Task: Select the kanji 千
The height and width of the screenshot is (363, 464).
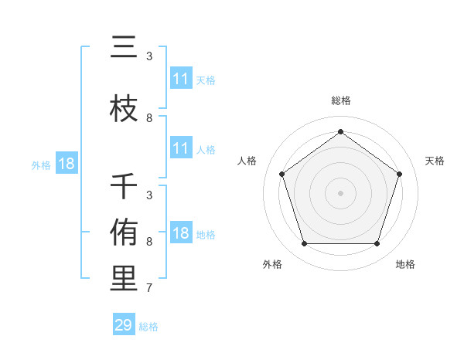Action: tap(124, 187)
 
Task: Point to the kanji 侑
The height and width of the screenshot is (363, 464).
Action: tap(124, 232)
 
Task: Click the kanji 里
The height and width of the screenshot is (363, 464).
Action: tap(124, 279)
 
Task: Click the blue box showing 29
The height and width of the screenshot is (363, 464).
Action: tap(124, 325)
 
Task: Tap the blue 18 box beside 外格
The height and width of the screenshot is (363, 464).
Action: tap(66, 165)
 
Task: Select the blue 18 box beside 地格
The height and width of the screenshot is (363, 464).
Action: tap(180, 234)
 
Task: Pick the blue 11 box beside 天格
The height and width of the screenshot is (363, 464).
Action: tap(180, 79)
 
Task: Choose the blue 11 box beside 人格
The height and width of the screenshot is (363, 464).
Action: tap(180, 149)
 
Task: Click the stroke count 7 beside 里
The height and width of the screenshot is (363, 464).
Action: tap(149, 288)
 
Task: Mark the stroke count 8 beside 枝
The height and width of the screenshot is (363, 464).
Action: tap(149, 118)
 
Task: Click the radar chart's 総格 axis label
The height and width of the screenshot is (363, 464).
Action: tap(340, 100)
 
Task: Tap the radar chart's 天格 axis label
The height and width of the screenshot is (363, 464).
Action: tap(435, 161)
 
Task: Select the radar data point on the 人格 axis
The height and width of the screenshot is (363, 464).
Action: tap(281, 174)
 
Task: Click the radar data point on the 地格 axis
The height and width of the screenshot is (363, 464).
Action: tap(377, 244)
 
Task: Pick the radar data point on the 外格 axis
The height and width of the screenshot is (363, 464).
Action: tap(304, 244)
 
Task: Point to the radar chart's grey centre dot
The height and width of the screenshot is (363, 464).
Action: tap(340, 192)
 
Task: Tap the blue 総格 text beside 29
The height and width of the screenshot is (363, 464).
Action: tap(148, 327)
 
